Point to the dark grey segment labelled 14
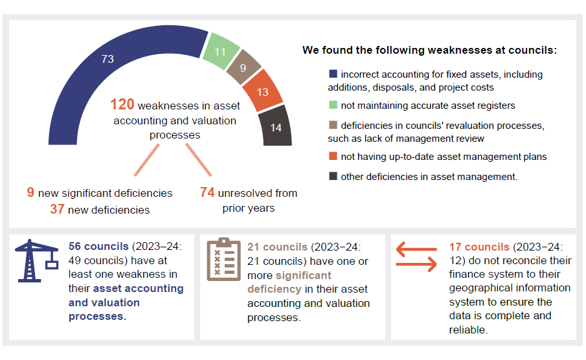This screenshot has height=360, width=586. (276, 128)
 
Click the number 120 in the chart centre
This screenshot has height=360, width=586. (122, 105)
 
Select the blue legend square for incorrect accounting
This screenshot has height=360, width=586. (333, 74)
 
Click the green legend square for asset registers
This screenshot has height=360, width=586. (333, 105)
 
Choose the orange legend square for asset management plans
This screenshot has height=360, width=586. (333, 156)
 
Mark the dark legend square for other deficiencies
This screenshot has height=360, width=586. (333, 177)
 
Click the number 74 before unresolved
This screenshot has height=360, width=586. (207, 193)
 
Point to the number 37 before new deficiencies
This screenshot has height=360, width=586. (57, 209)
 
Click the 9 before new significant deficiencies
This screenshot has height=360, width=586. (30, 193)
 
